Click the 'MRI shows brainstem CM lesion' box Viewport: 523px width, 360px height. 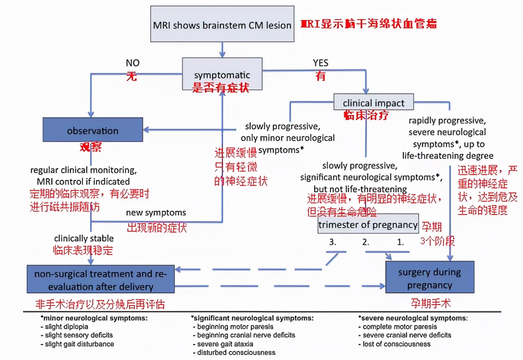(222, 24)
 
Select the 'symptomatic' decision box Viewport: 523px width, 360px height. (222, 74)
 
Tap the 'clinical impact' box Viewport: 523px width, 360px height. (374, 102)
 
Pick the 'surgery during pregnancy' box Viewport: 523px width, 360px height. (429, 278)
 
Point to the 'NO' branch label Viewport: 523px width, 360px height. (133, 63)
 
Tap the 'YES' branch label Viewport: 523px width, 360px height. (321, 63)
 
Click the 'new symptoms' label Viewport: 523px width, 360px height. (156, 213)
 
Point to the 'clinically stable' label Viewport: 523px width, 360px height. (84, 239)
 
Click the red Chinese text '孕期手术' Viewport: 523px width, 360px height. (431, 303)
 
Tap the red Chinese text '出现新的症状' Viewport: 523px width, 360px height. (157, 227)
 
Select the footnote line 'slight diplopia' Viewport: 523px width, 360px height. (67, 327)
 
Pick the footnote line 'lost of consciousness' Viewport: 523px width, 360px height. (396, 344)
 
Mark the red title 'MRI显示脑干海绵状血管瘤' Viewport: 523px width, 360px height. (369, 24)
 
